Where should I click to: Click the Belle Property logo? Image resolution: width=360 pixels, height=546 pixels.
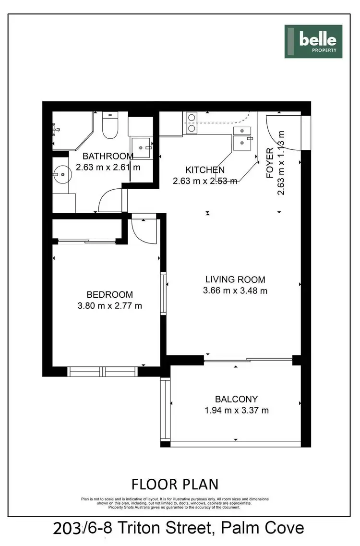313,41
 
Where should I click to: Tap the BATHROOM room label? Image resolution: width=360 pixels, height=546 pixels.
108,156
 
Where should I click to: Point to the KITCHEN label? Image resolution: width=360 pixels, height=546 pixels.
205,170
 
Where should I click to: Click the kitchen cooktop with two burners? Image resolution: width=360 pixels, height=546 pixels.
192,122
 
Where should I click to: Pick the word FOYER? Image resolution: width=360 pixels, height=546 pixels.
270,163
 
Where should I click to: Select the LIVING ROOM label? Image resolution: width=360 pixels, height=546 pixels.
235,279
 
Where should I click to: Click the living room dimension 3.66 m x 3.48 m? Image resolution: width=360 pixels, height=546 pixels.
235,291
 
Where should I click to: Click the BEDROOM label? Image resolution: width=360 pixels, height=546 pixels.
109,294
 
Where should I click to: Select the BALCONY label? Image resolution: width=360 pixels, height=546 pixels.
236,399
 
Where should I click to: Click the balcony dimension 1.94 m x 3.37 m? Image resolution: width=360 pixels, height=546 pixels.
236,410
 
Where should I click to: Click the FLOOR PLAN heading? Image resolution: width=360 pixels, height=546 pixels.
175,484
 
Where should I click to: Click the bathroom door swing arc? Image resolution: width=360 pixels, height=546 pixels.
110,201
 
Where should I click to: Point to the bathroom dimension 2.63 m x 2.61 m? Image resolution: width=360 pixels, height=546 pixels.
108,167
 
